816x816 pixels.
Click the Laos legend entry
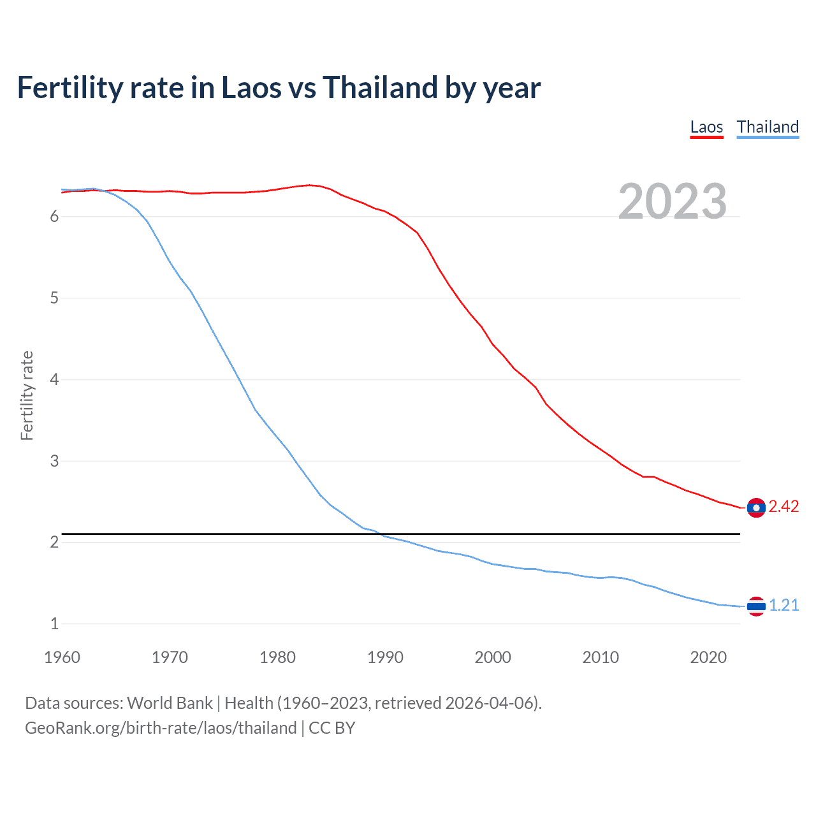(706, 127)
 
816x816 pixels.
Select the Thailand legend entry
(768, 127)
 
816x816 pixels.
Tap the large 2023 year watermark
(673, 201)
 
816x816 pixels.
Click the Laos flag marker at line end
(756, 507)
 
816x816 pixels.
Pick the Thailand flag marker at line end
(756, 606)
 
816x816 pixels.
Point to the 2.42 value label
(783, 507)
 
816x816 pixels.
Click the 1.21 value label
(783, 605)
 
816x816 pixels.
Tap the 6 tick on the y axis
(54, 217)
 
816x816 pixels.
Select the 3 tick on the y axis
(54, 461)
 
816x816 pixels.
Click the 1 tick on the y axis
(54, 624)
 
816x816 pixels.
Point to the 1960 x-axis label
(62, 657)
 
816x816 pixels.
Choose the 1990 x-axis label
(385, 657)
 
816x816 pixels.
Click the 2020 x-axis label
(708, 657)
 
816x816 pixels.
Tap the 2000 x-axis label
(493, 657)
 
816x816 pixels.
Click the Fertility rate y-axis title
(27, 395)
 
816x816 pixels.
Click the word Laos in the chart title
(250, 87)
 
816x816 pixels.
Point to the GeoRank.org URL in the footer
(161, 728)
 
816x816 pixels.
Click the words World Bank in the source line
(170, 703)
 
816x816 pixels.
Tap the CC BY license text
(332, 728)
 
